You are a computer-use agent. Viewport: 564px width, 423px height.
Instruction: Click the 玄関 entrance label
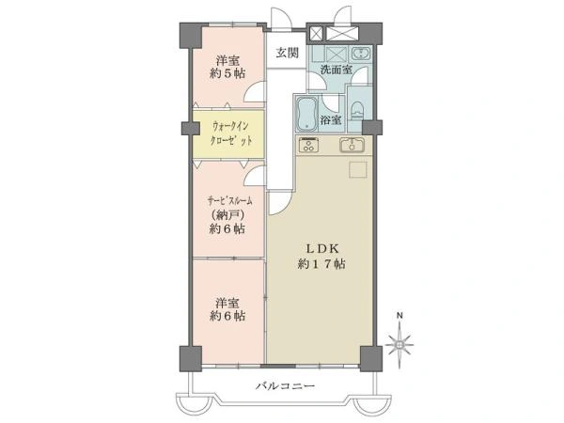click(x=288, y=53)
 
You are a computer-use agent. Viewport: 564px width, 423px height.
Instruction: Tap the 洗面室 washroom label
click(x=337, y=70)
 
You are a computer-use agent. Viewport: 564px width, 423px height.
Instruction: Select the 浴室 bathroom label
click(x=331, y=120)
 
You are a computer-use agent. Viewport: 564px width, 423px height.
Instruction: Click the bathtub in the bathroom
click(x=306, y=115)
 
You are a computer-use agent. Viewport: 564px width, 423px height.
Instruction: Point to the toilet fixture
click(x=357, y=111)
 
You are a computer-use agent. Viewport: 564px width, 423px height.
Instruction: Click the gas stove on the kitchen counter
click(x=308, y=145)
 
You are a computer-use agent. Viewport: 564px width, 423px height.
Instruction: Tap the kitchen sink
click(x=352, y=145)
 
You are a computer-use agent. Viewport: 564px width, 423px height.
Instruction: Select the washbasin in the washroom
click(x=360, y=54)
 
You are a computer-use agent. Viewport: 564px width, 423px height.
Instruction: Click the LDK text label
click(x=321, y=248)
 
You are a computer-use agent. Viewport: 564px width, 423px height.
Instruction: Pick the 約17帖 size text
click(x=321, y=264)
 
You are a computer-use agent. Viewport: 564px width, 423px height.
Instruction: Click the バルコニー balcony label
click(x=285, y=386)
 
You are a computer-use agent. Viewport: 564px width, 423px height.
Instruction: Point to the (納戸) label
click(x=228, y=215)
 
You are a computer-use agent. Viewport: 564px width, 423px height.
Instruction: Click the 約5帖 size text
click(x=227, y=73)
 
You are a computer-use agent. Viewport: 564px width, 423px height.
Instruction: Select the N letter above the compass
click(x=399, y=316)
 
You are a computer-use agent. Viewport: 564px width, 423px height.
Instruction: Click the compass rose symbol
click(x=399, y=345)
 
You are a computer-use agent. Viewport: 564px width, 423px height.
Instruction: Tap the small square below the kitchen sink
click(x=358, y=170)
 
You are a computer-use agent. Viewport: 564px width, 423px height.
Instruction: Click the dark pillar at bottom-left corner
click(x=190, y=359)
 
